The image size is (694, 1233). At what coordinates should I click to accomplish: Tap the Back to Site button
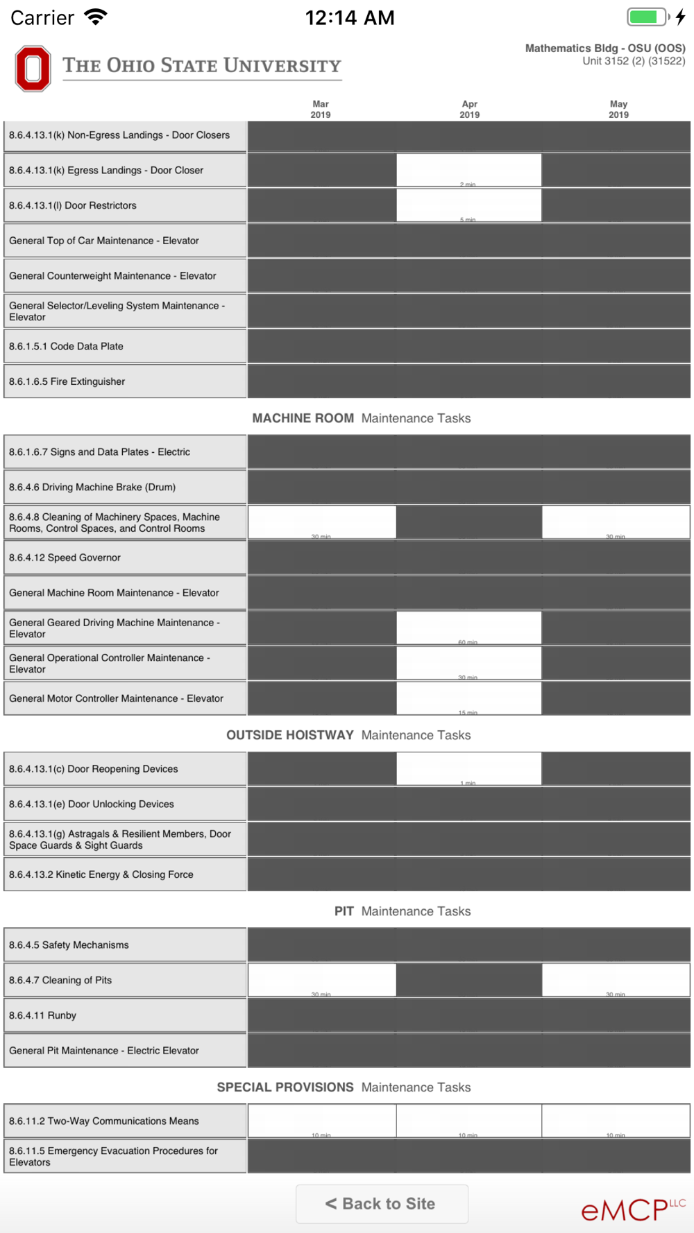(382, 1203)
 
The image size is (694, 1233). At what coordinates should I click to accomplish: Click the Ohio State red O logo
(33, 69)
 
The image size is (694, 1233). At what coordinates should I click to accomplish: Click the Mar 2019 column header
(321, 110)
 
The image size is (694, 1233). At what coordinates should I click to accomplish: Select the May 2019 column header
(618, 110)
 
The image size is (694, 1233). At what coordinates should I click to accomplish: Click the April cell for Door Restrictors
(468, 205)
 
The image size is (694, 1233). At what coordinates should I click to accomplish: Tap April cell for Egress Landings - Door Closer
(468, 170)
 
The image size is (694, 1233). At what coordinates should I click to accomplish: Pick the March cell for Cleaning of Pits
(322, 980)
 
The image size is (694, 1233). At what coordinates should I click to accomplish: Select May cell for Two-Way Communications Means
(616, 1121)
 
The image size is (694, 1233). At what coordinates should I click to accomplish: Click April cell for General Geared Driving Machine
(468, 628)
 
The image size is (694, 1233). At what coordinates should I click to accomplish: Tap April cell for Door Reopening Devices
(468, 768)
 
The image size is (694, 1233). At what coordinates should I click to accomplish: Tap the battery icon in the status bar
(648, 17)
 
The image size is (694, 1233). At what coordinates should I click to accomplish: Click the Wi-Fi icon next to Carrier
(96, 17)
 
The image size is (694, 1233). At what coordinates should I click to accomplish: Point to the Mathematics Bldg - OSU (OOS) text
(605, 49)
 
